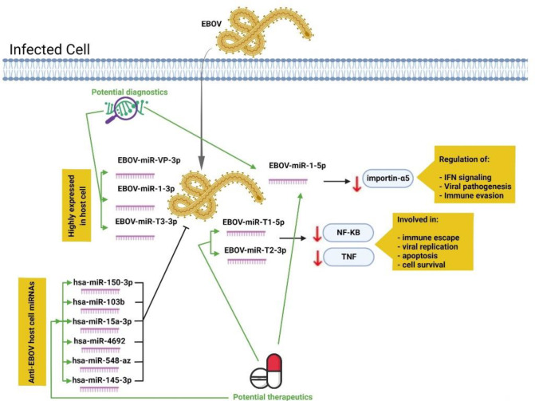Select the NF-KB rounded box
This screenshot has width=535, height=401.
click(348, 231)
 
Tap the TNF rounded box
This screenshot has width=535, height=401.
click(348, 260)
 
